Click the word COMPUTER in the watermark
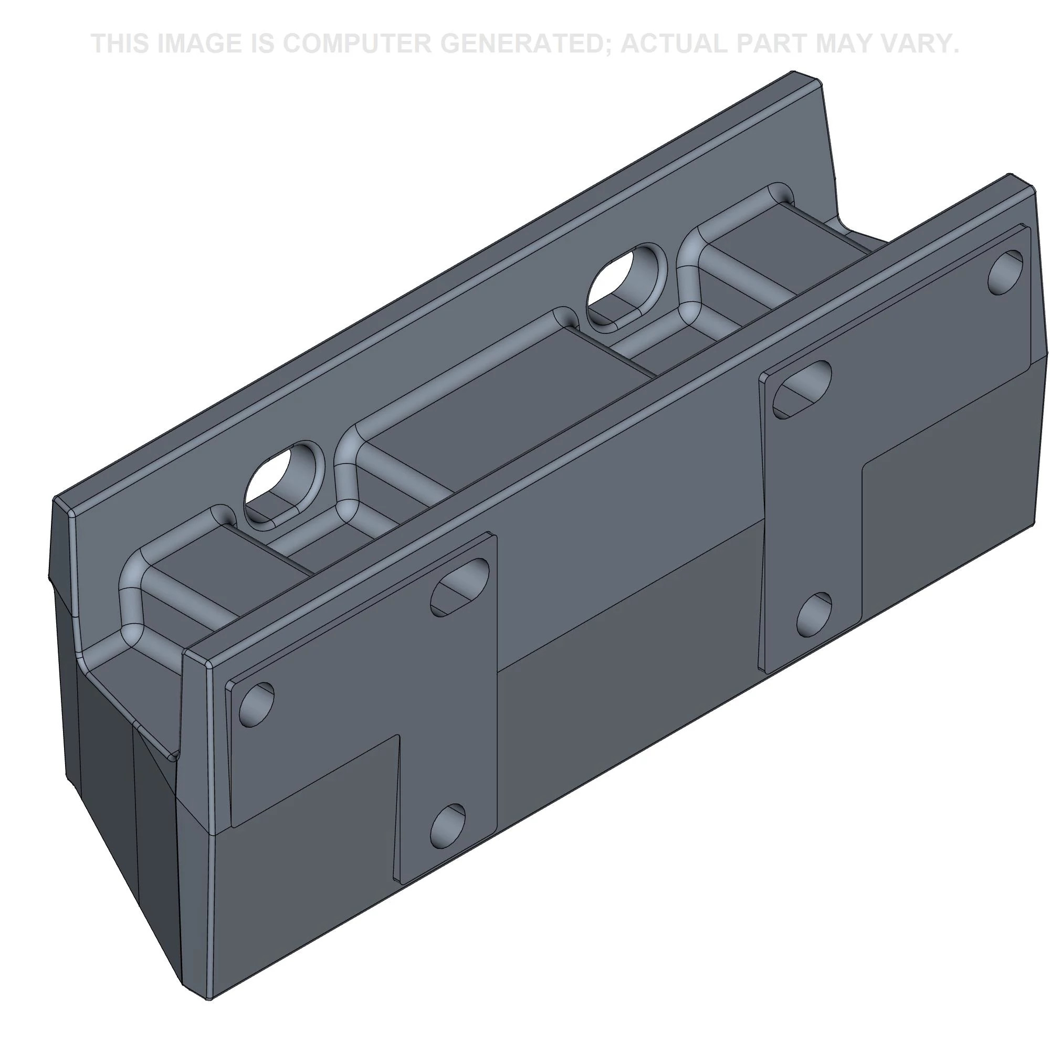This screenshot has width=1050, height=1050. tap(356, 44)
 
